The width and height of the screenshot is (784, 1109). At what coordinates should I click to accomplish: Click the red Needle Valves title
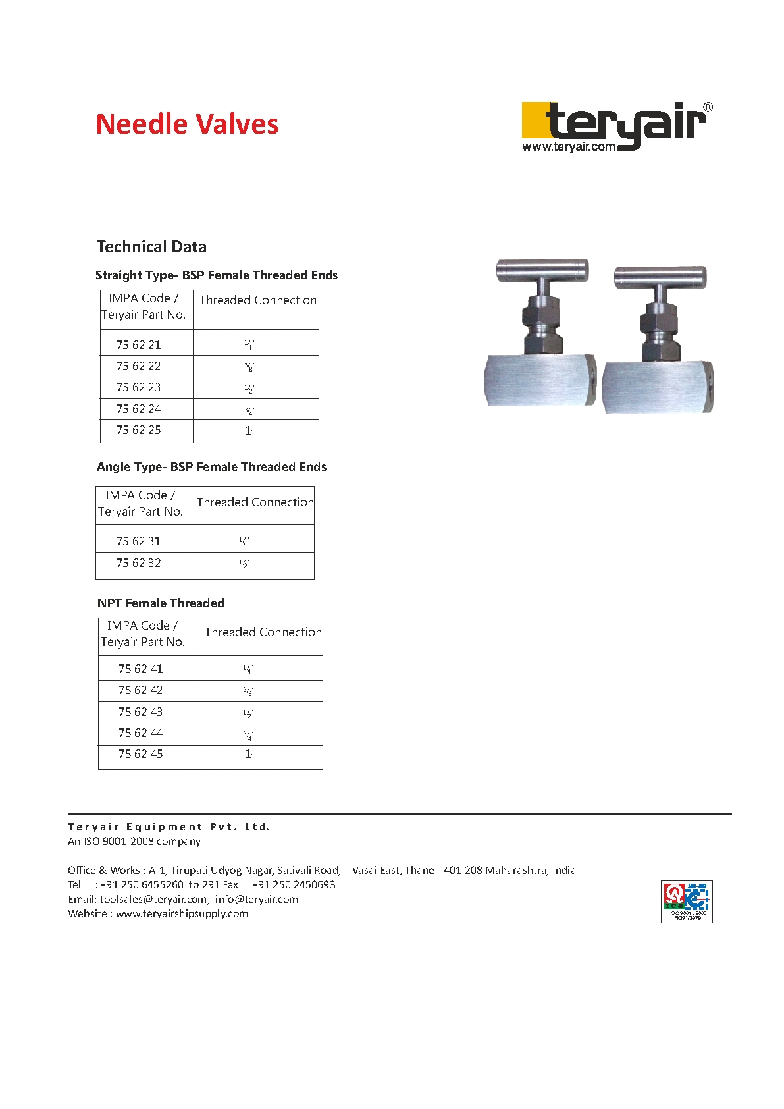pyautogui.click(x=187, y=124)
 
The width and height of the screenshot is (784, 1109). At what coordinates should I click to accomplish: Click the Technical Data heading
pyautogui.click(x=151, y=247)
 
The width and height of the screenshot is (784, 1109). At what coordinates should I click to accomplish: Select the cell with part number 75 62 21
pyautogui.click(x=139, y=344)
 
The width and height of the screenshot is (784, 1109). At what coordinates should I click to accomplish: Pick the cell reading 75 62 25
pyautogui.click(x=139, y=430)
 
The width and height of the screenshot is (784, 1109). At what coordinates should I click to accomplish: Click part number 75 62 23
pyautogui.click(x=139, y=387)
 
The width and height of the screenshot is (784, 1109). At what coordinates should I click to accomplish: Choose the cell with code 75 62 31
pyautogui.click(x=139, y=541)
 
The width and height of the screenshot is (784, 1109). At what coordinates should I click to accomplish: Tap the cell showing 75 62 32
pyautogui.click(x=139, y=563)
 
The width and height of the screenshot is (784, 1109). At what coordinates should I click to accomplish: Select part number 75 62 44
pyautogui.click(x=141, y=733)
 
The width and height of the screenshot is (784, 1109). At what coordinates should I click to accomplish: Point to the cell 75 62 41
pyautogui.click(x=141, y=669)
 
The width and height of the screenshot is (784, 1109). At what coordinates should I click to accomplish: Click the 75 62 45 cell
pyautogui.click(x=141, y=754)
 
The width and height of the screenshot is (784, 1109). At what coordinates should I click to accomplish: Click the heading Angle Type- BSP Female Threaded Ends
pyautogui.click(x=211, y=467)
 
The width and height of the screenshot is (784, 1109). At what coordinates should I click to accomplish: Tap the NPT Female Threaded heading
pyautogui.click(x=161, y=603)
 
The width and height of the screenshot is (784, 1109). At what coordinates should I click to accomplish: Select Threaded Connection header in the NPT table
pyautogui.click(x=263, y=632)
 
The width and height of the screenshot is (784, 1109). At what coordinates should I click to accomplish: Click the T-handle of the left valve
pyautogui.click(x=542, y=269)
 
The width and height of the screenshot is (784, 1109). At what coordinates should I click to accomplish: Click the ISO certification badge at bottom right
pyautogui.click(x=687, y=902)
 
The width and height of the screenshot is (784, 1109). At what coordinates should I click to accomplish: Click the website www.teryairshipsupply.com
pyautogui.click(x=182, y=914)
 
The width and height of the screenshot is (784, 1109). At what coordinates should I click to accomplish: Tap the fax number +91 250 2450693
pyautogui.click(x=294, y=885)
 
